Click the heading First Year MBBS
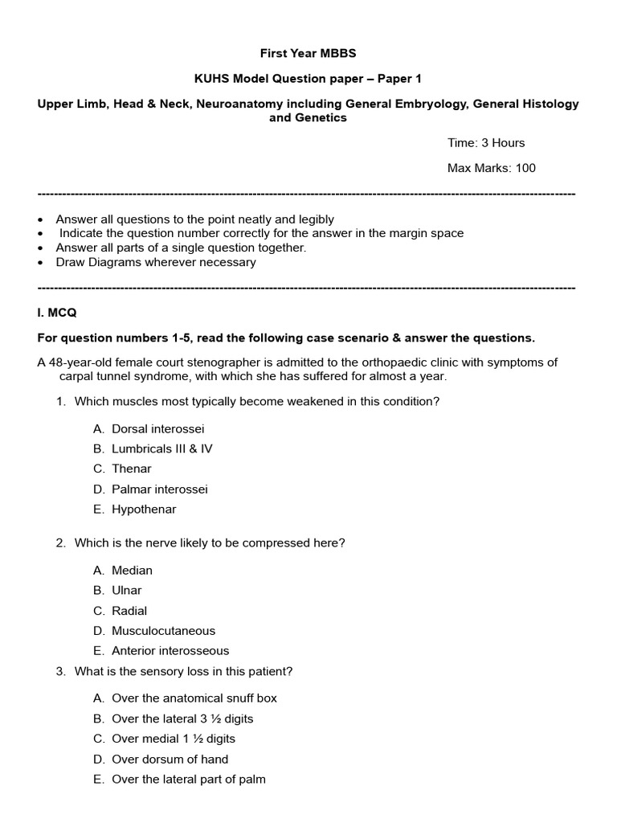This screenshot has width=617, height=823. click(308, 53)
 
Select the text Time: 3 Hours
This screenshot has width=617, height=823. click(485, 142)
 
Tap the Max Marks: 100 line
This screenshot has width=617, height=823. click(491, 168)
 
